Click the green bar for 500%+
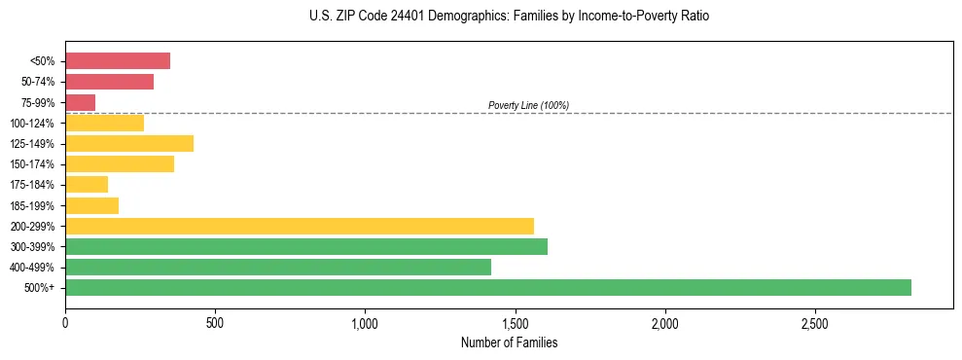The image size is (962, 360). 488,287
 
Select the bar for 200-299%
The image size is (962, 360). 300,226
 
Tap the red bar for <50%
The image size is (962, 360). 118,60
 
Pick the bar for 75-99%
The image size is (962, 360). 80,102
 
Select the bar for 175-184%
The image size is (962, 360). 87,184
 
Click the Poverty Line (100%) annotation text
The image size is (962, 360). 528,105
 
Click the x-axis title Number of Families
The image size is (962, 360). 510,342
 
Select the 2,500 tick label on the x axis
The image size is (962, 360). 814,322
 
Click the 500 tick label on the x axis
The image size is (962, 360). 215,322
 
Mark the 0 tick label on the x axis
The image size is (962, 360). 65,322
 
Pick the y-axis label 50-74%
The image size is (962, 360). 38,82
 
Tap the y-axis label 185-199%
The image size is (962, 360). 35,205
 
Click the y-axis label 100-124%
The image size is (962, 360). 35,123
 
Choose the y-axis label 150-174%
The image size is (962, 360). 35,163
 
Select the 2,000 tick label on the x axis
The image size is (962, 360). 664,322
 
